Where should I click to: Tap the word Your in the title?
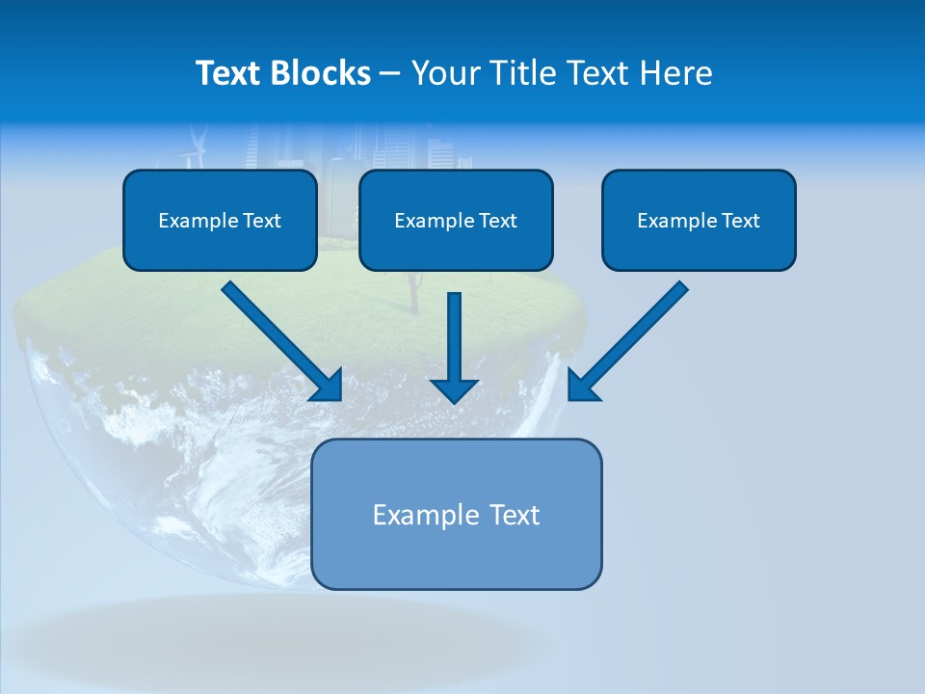[x=446, y=73]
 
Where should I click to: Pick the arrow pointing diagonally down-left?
[x=631, y=337]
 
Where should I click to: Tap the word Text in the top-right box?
[x=740, y=221]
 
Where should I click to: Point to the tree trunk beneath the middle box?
[x=415, y=293]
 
